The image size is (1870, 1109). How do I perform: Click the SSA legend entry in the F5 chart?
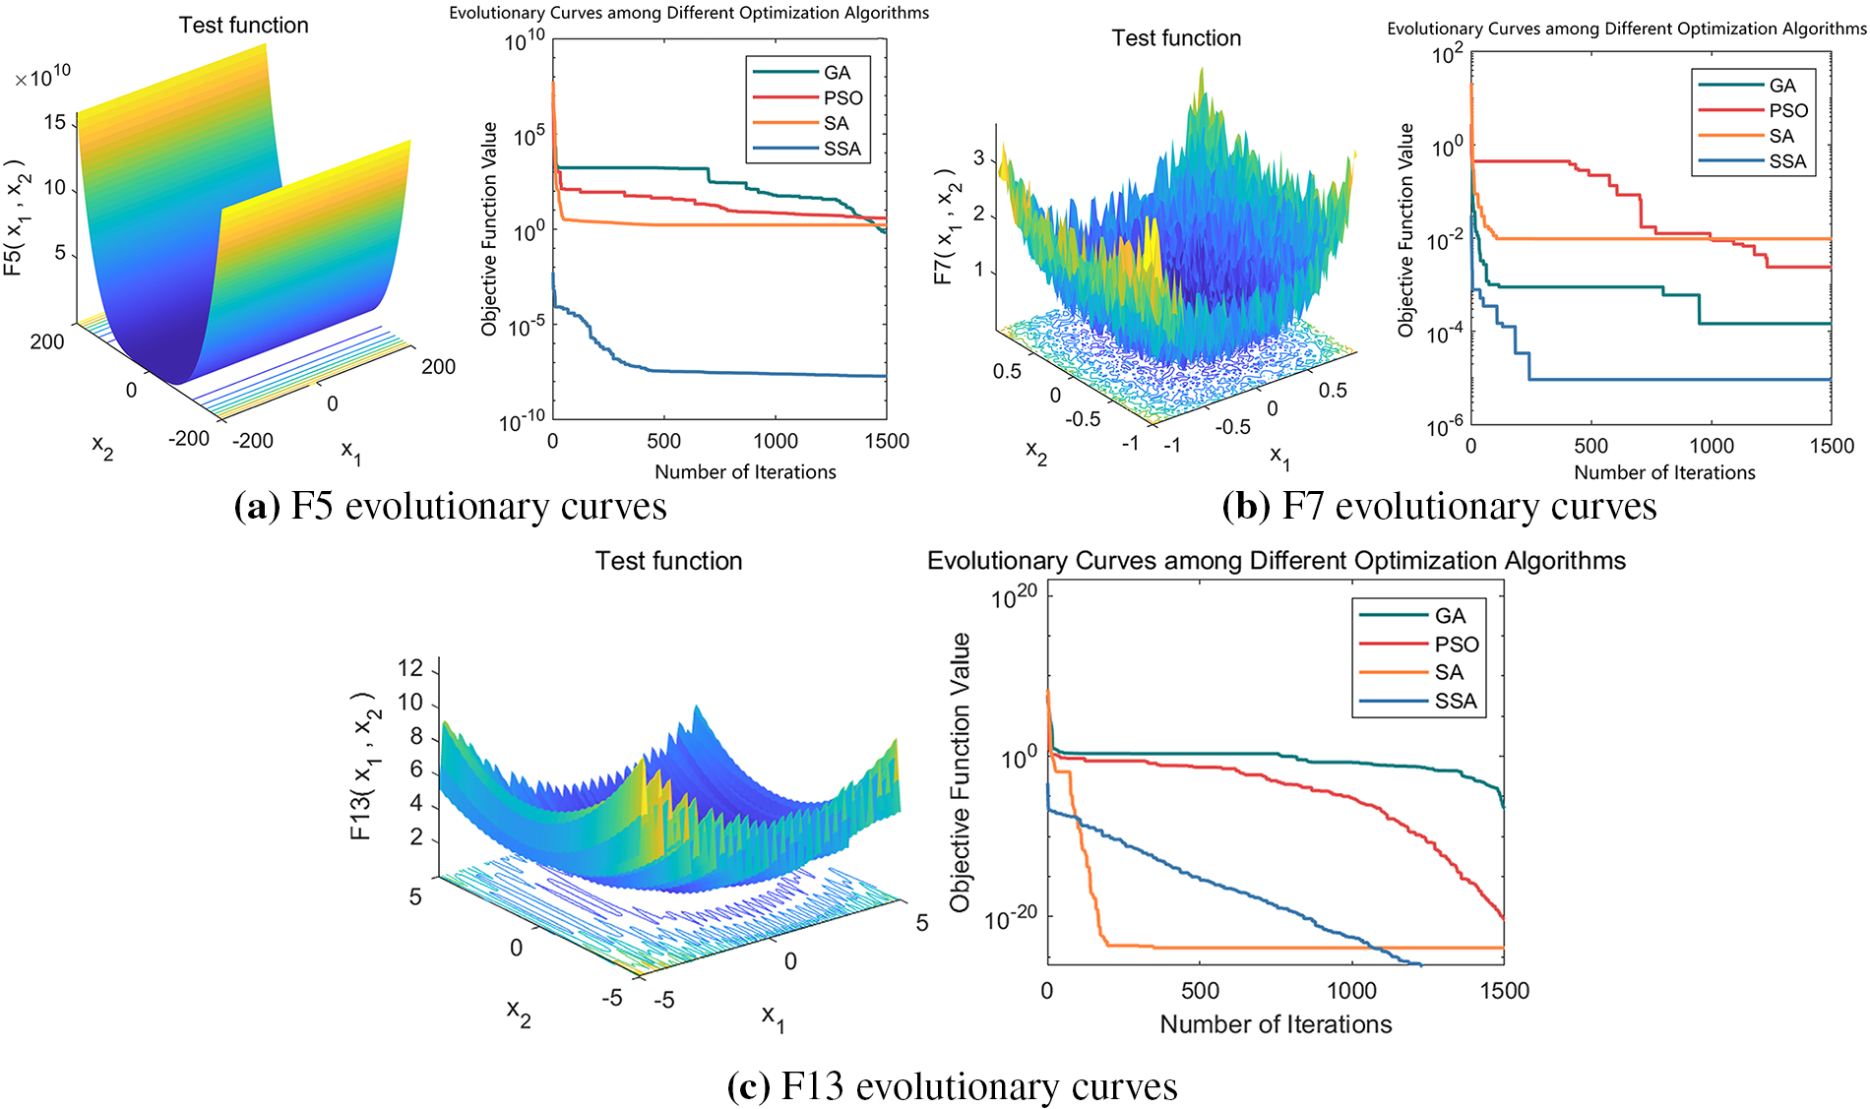tap(841, 149)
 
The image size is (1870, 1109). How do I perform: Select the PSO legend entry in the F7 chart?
tap(1787, 111)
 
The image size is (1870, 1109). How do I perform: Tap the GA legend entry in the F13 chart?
tap(1450, 616)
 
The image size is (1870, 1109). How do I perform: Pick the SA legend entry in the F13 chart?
tap(1449, 673)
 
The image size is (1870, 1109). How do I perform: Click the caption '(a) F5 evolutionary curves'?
tap(451, 507)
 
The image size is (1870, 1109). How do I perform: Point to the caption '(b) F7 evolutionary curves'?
tap(1439, 507)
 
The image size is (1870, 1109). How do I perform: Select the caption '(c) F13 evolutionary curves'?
tap(952, 1086)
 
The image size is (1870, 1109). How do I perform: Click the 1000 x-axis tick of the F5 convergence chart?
tap(776, 441)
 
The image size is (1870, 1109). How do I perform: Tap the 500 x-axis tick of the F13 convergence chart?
tap(1200, 991)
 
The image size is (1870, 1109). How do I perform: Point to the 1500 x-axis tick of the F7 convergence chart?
tap(1831, 446)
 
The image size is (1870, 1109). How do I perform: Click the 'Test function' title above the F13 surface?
tap(668, 561)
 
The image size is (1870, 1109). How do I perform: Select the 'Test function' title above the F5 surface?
tap(243, 26)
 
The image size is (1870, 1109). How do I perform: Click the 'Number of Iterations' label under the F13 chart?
tap(1276, 1024)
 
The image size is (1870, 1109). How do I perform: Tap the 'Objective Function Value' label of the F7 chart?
tap(1405, 229)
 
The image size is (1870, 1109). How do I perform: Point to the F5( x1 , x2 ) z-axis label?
tap(16, 215)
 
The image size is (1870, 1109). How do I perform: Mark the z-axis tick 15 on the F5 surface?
tap(55, 123)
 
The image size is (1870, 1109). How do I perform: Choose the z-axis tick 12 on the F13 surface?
tap(410, 669)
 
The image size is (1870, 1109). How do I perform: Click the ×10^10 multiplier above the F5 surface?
tap(43, 75)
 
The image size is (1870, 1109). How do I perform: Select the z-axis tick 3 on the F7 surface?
tap(978, 157)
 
